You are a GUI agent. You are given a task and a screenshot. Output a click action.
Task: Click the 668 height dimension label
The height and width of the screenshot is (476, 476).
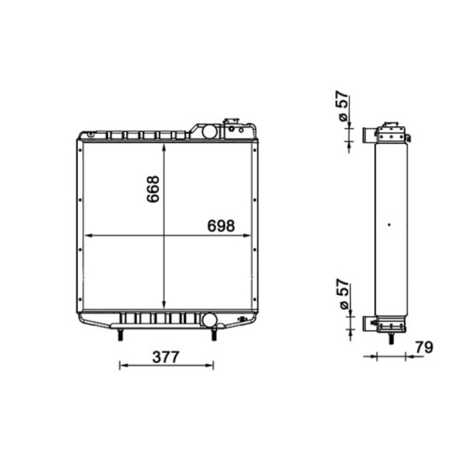pyautogui.click(x=153, y=189)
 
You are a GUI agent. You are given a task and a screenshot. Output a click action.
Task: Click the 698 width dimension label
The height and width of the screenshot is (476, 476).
pyautogui.click(x=221, y=226)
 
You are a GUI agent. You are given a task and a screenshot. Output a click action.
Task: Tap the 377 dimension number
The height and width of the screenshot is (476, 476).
pyautogui.click(x=166, y=358)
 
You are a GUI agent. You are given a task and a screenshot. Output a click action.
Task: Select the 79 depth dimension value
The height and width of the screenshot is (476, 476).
pyautogui.click(x=424, y=347)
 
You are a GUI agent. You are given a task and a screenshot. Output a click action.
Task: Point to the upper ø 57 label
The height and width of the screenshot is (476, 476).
pyautogui.click(x=343, y=106)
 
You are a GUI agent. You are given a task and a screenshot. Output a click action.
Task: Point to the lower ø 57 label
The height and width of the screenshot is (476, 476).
pyautogui.click(x=343, y=294)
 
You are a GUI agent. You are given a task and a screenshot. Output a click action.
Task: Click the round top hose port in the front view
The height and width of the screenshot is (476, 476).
pyautogui.click(x=209, y=131)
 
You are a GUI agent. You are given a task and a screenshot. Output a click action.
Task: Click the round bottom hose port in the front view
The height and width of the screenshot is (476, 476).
pyautogui.click(x=209, y=320)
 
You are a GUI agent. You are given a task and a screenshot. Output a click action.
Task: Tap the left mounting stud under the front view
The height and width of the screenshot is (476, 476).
pyautogui.click(x=120, y=334)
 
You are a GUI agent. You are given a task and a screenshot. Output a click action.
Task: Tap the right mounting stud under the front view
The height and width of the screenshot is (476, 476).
pyautogui.click(x=214, y=334)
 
